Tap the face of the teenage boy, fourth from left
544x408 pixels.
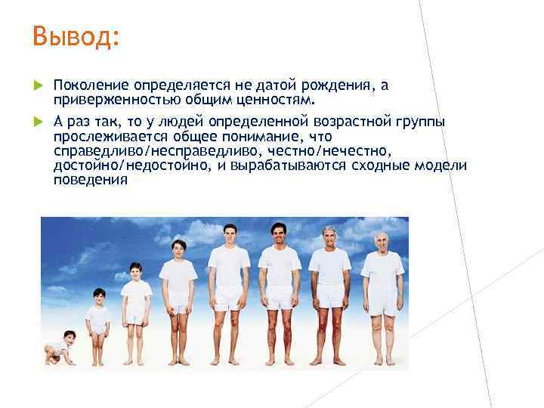(x=178, y=249)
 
